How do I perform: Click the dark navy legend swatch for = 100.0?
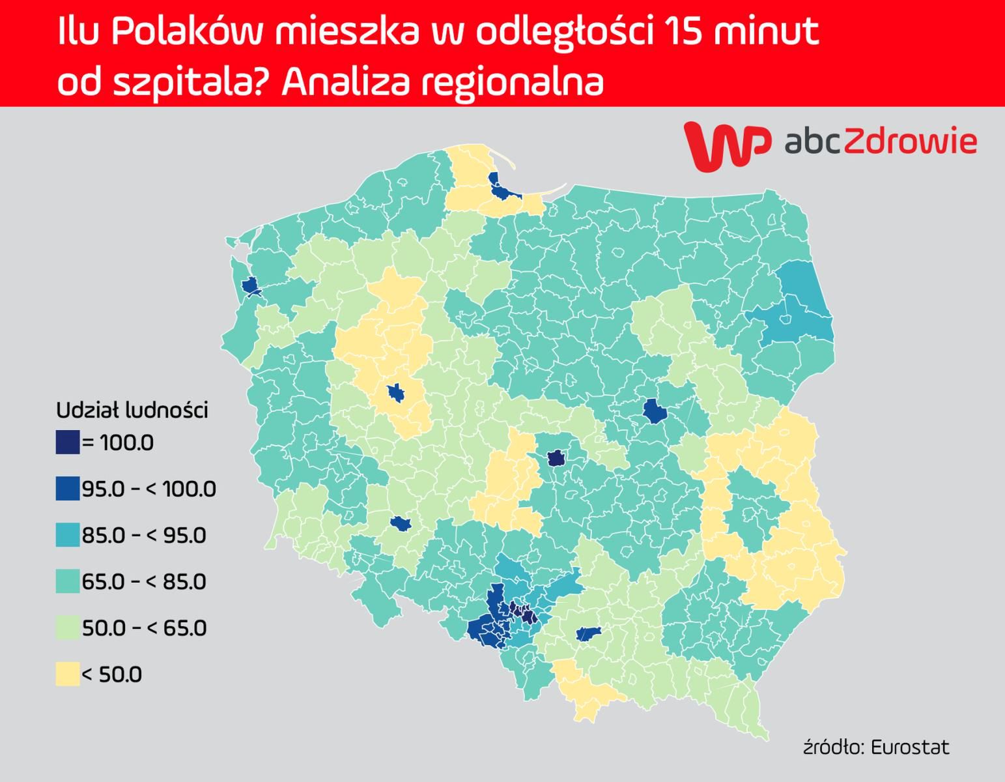click(x=68, y=442)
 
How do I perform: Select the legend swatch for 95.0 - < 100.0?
click(x=68, y=489)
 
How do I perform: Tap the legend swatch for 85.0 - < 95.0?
click(x=68, y=535)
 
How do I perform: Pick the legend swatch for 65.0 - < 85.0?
click(x=68, y=581)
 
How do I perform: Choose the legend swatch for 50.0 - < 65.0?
click(x=68, y=628)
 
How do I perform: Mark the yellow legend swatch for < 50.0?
click(x=68, y=674)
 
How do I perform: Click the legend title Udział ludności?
click(x=132, y=411)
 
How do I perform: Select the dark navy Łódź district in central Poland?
click(x=556, y=458)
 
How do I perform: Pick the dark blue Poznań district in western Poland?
click(x=395, y=393)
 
